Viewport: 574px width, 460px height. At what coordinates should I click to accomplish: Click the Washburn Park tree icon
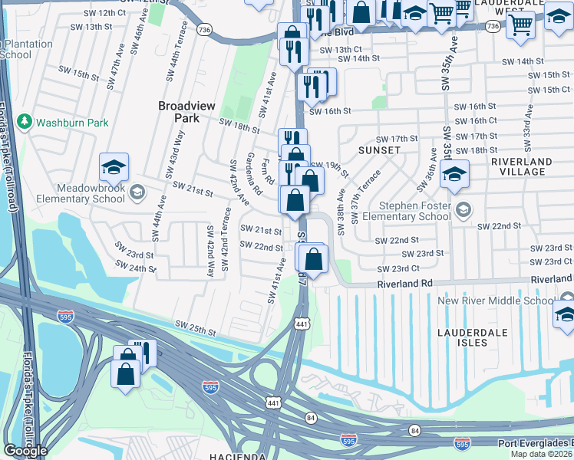(25, 122)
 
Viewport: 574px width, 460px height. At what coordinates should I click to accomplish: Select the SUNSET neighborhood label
(379, 150)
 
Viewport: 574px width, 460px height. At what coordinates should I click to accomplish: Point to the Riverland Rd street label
(404, 283)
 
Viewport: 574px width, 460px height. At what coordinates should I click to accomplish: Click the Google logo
(25, 451)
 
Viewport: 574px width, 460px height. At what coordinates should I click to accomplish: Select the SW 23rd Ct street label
(398, 268)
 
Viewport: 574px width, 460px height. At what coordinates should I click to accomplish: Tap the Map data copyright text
(542, 454)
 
